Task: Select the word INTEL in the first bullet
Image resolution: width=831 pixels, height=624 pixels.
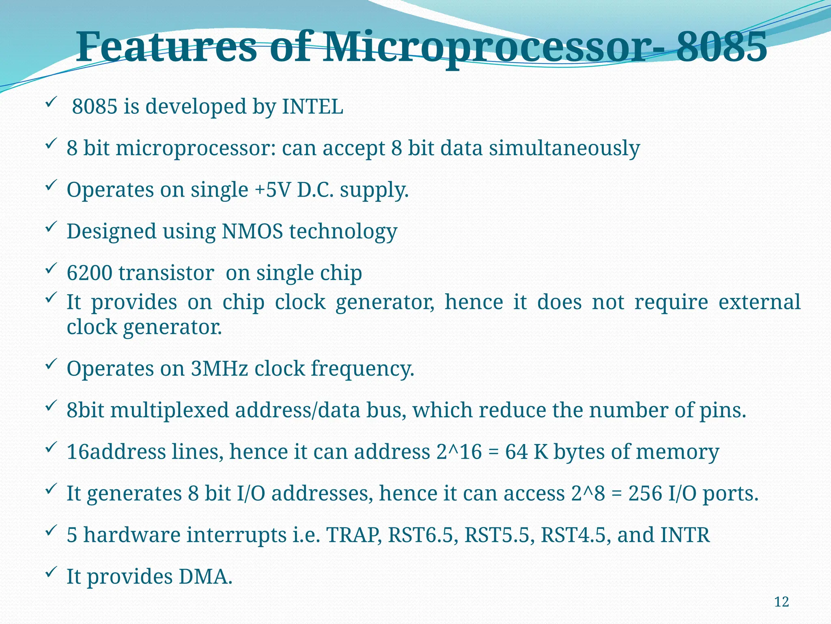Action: click(312, 107)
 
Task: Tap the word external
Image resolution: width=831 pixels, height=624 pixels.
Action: click(759, 302)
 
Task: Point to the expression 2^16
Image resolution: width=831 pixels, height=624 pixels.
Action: click(459, 452)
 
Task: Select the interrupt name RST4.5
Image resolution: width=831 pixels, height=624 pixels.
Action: click(576, 535)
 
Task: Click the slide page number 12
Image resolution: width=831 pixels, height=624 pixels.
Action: click(781, 602)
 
